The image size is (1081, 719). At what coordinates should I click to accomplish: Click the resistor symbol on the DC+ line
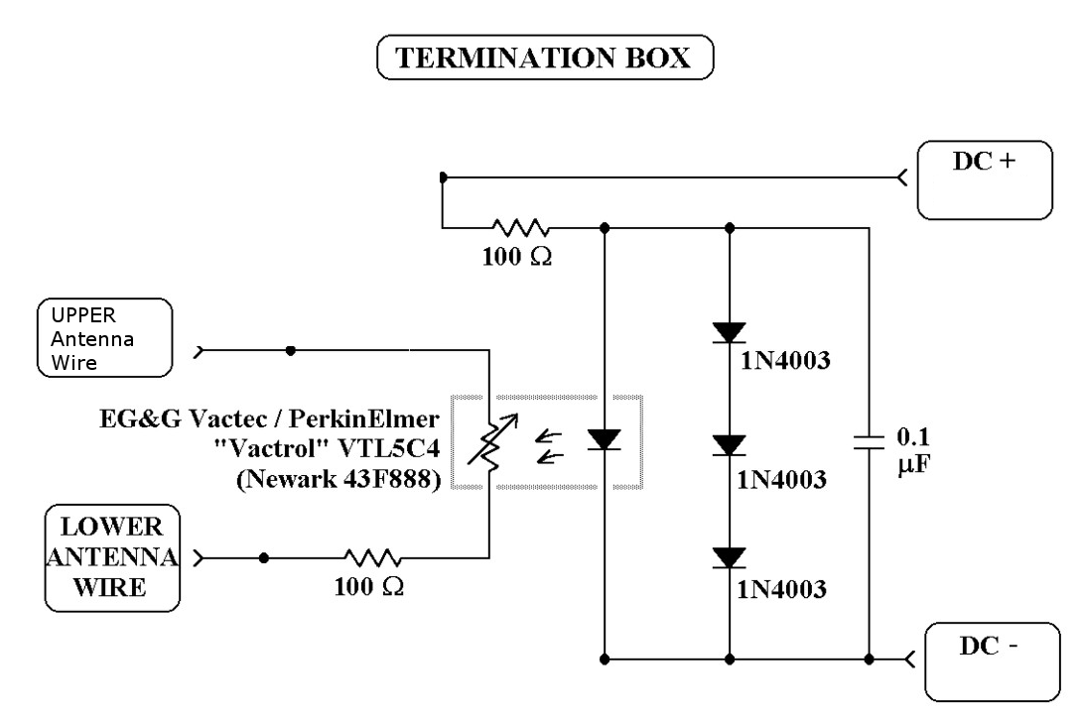pos(516,228)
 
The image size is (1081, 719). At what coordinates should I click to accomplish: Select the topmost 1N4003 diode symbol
pos(730,333)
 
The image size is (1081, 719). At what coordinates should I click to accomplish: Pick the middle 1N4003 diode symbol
pos(730,445)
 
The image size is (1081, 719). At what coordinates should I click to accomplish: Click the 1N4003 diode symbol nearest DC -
pos(730,557)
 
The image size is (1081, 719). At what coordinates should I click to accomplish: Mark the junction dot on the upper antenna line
pos(289,350)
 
